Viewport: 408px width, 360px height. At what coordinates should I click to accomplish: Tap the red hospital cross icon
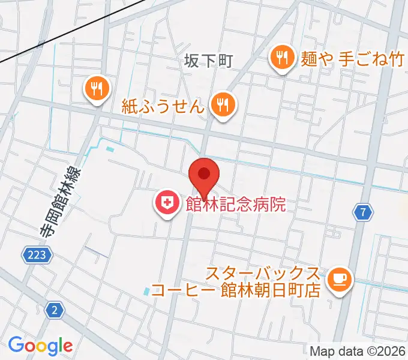166,204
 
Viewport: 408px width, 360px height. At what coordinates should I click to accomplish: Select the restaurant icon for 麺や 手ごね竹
281,58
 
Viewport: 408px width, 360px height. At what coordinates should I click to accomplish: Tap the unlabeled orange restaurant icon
96,89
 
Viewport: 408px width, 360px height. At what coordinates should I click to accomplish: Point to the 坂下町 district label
208,61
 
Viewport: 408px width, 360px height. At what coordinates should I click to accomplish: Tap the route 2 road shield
55,310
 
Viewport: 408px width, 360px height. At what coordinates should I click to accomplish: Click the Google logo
40,346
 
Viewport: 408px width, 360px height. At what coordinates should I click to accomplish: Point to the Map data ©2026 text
358,352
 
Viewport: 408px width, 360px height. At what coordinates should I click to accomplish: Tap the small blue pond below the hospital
148,292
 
